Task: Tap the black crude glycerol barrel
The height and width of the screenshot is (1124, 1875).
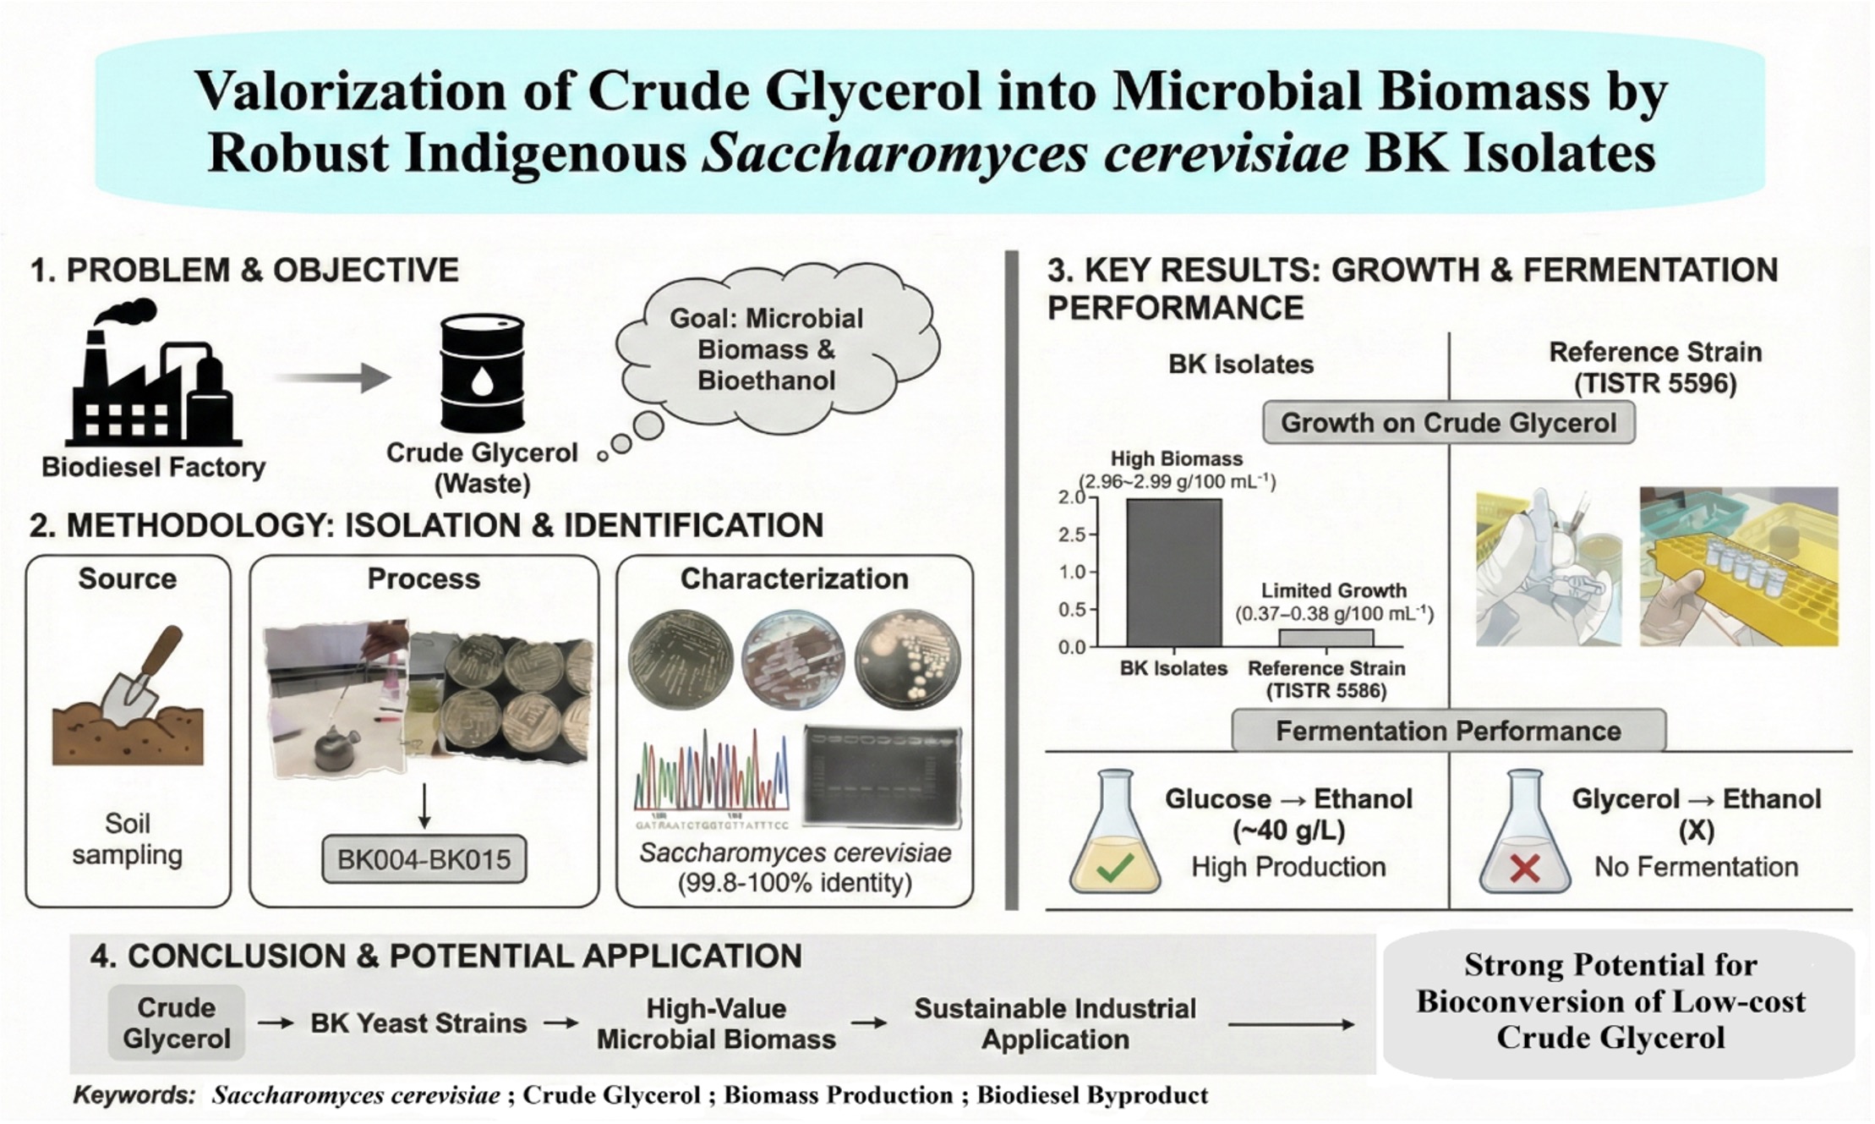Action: (x=483, y=372)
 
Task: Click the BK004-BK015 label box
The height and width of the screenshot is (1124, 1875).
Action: (x=424, y=859)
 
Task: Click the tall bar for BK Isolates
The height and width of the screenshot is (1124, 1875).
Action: (x=1173, y=573)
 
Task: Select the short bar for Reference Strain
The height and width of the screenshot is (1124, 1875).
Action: (x=1326, y=638)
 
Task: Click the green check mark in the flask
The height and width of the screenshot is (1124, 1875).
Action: (x=1114, y=868)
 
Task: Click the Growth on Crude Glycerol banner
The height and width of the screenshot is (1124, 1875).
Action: (x=1448, y=423)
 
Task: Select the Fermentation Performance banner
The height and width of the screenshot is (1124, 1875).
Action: (x=1448, y=731)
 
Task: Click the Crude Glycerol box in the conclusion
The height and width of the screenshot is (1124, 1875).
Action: (x=176, y=1023)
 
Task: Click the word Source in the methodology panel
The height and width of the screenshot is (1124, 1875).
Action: (x=128, y=578)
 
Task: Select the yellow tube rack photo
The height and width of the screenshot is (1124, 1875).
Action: (x=1738, y=566)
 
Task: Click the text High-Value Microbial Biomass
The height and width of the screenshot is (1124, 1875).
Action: (x=716, y=1023)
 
